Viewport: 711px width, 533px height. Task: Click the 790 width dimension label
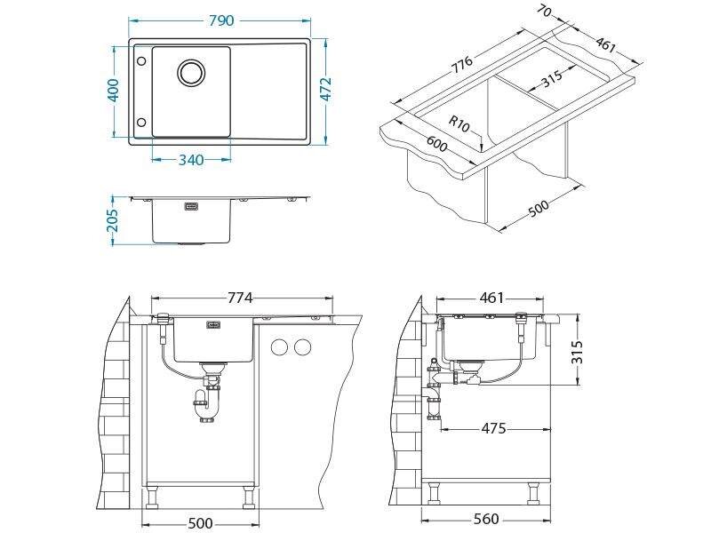pyautogui.click(x=221, y=20)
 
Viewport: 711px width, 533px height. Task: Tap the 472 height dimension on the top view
pyautogui.click(x=325, y=90)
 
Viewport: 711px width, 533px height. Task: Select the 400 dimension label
pyautogui.click(x=114, y=91)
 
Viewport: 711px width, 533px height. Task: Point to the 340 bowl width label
pyautogui.click(x=191, y=160)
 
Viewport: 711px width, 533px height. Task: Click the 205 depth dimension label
pyautogui.click(x=113, y=219)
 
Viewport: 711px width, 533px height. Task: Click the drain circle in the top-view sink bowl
pyautogui.click(x=191, y=72)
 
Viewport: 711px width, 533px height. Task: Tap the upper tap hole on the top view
pyautogui.click(x=141, y=61)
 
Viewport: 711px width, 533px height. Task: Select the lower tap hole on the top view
pyautogui.click(x=141, y=122)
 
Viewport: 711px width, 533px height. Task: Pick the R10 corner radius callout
pyautogui.click(x=459, y=123)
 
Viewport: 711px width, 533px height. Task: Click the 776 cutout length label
pyautogui.click(x=461, y=64)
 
